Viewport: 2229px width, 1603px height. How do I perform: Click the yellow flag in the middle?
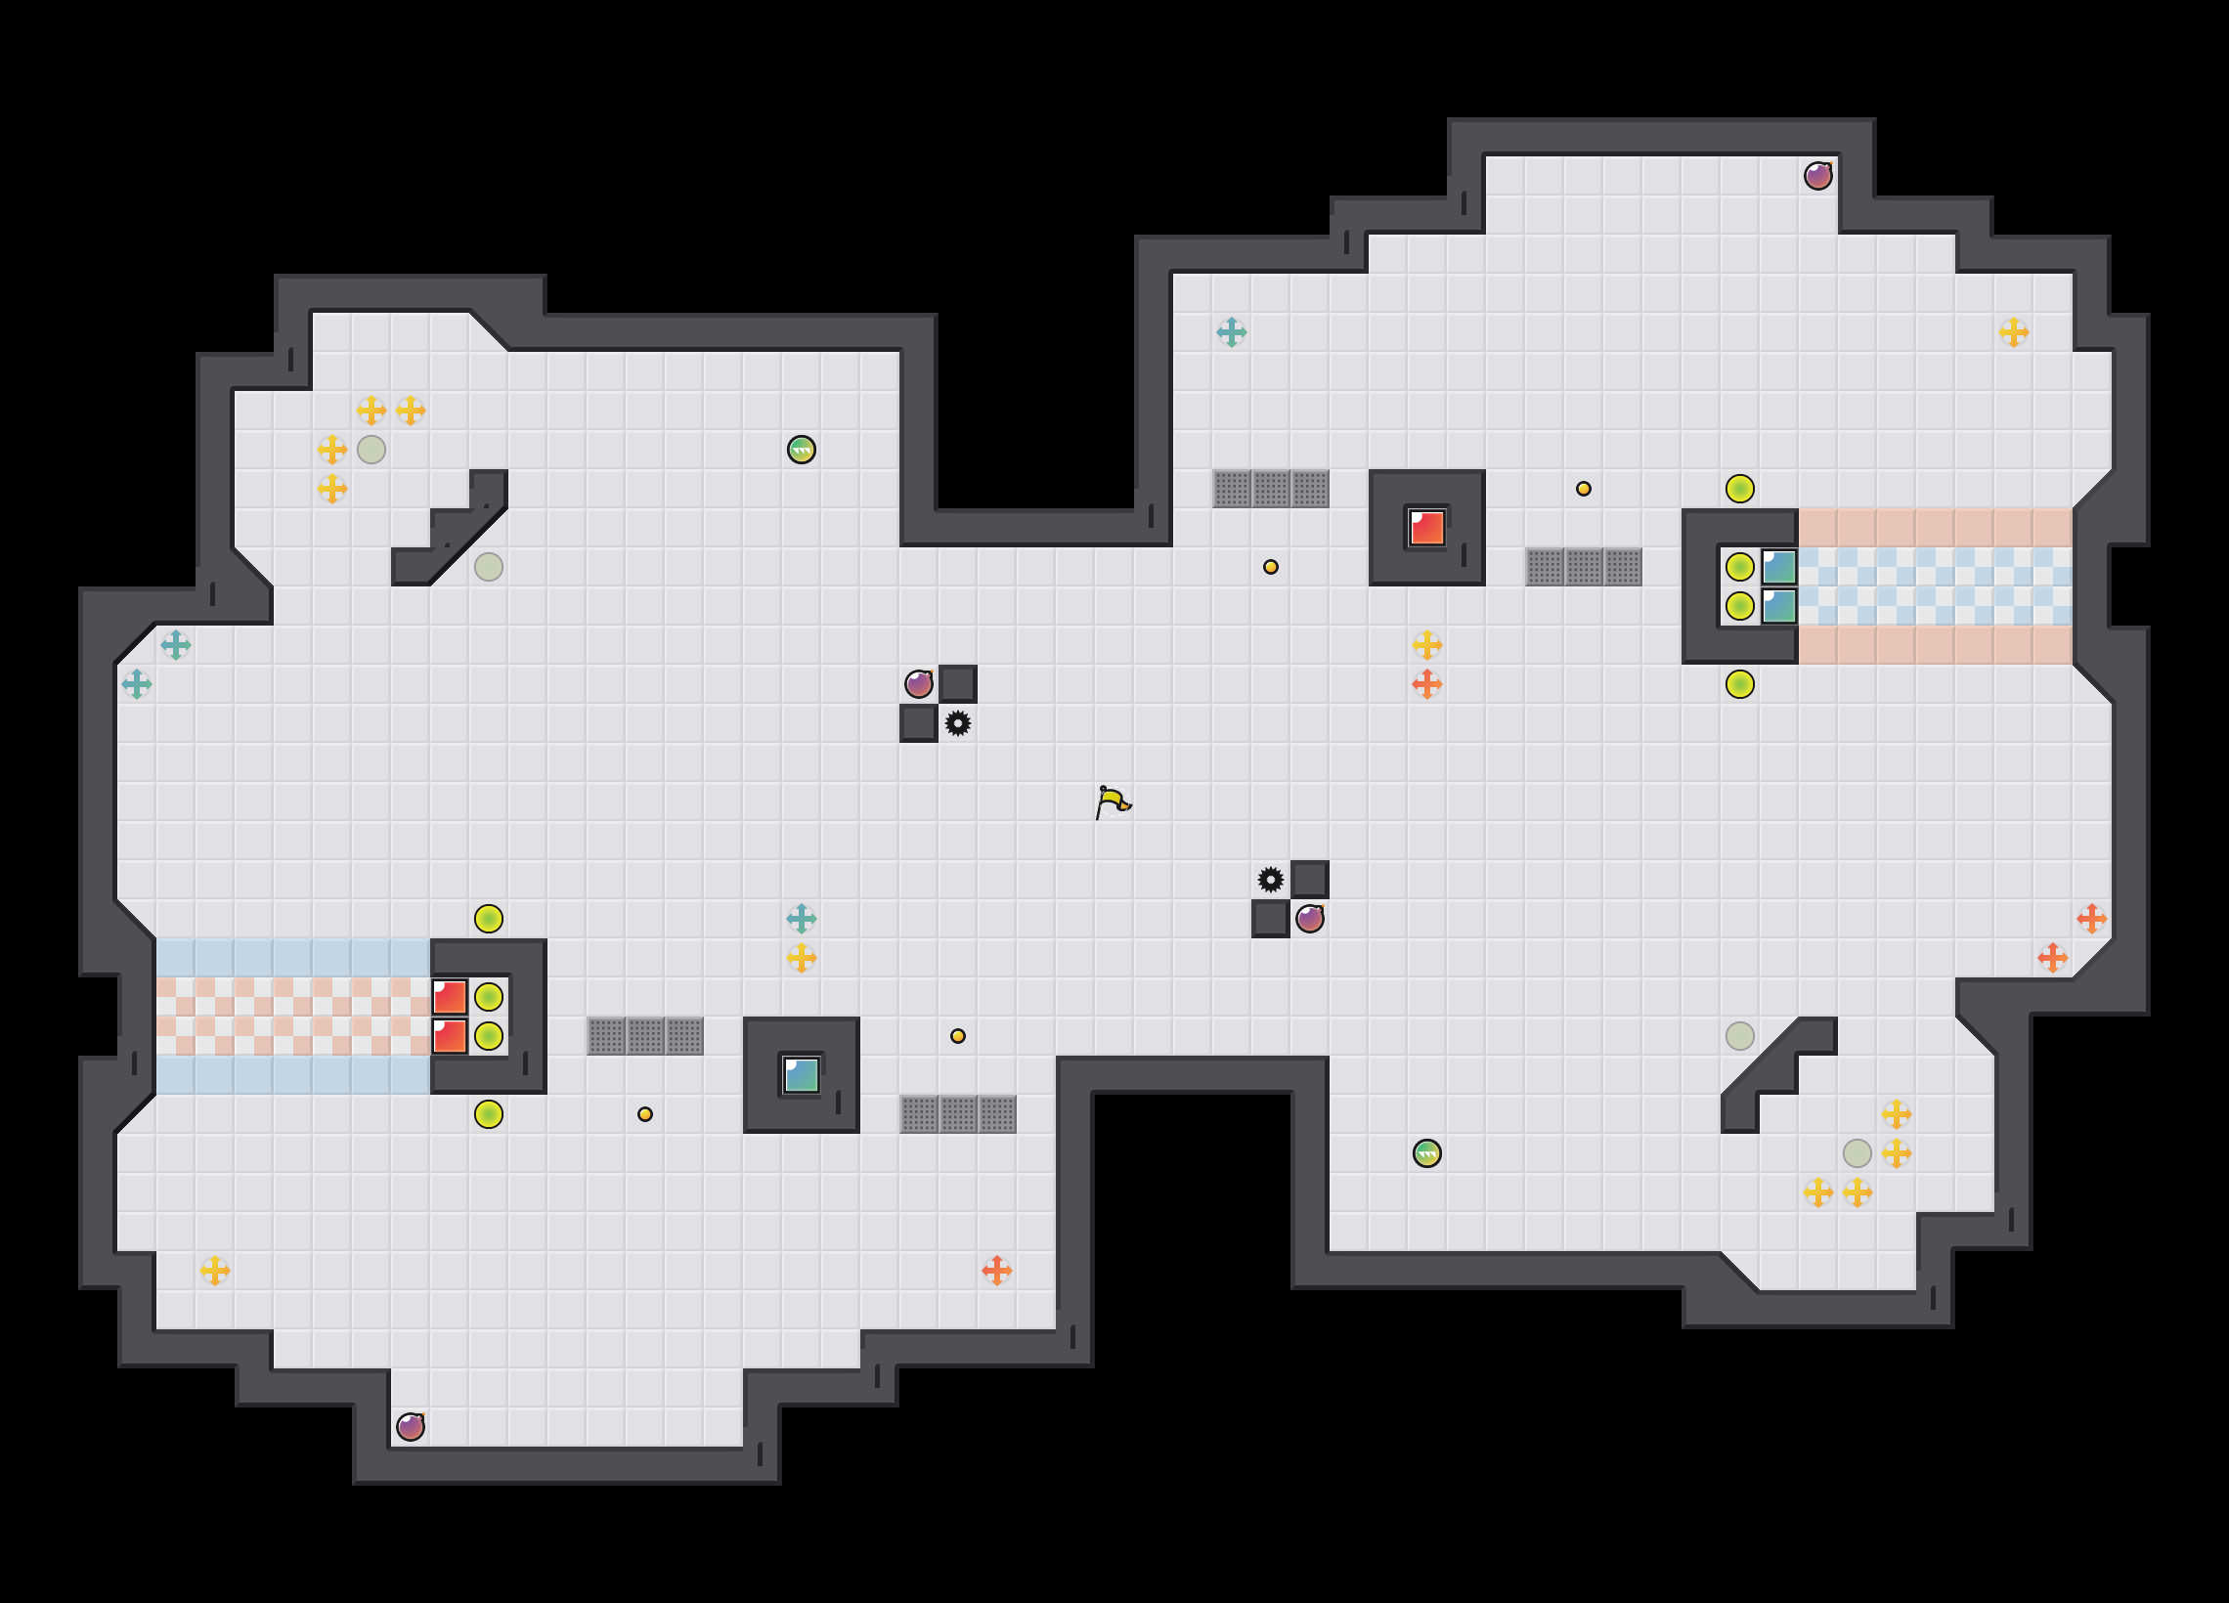coord(1113,802)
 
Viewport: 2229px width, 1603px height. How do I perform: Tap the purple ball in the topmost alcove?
coord(1817,176)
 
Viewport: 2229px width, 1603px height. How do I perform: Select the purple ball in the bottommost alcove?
coord(410,1426)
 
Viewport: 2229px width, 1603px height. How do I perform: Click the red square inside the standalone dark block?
coord(1426,528)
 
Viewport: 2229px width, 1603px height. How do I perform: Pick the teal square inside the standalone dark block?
coord(801,1075)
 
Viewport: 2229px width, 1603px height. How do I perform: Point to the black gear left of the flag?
coord(957,723)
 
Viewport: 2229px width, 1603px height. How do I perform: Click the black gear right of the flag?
coord(1270,880)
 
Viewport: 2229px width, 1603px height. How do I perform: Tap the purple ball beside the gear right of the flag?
coord(1309,919)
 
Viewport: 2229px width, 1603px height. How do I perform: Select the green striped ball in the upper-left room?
coord(801,451)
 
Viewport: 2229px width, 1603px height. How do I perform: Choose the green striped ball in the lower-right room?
coord(1426,1152)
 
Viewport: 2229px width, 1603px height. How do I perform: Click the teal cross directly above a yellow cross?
coord(801,919)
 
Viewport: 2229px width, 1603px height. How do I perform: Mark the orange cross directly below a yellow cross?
coord(1426,684)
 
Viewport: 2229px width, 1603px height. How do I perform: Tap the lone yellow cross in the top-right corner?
coord(2013,332)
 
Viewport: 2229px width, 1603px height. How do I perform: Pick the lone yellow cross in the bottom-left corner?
coord(214,1270)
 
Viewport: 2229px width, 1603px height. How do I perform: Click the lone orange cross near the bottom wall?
coord(996,1270)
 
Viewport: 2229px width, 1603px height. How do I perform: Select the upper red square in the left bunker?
coord(449,997)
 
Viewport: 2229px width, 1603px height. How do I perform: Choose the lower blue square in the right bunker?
coord(1779,605)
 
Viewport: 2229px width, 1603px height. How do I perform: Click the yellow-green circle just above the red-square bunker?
coord(489,919)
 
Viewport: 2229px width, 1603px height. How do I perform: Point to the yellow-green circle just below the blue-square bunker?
coord(1739,684)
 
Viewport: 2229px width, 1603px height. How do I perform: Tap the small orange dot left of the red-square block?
coord(1270,567)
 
